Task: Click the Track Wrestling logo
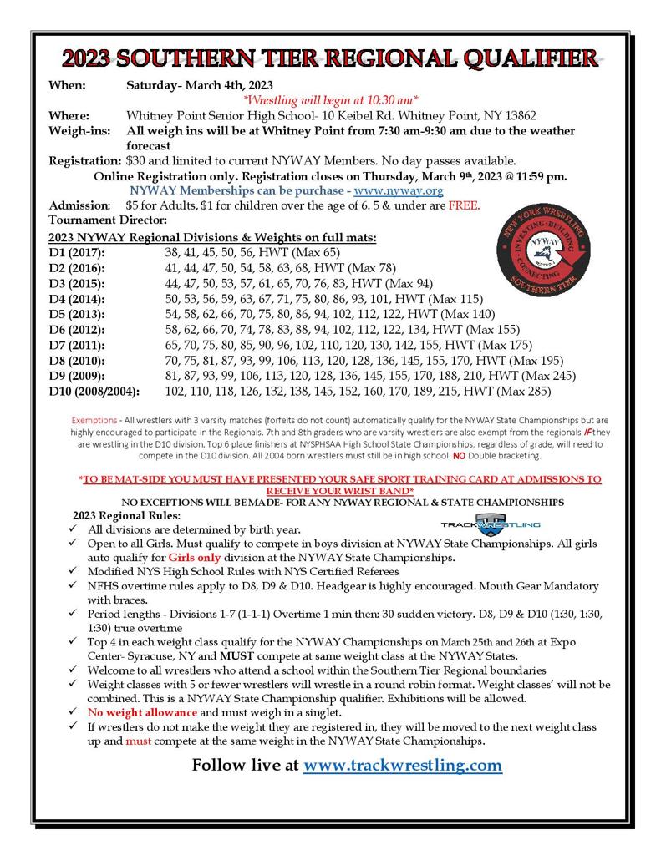tap(490, 523)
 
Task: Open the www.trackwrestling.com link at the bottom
tap(402, 765)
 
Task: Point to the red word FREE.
tap(464, 205)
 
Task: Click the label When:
tap(68, 85)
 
